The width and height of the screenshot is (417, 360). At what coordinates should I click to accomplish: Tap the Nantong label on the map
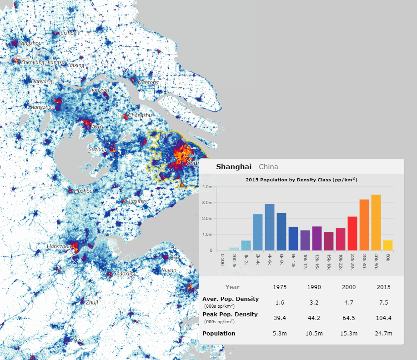(x=148, y=82)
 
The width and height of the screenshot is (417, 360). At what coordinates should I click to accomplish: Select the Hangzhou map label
(x=59, y=246)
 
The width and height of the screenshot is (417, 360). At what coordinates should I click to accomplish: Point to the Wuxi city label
(x=97, y=126)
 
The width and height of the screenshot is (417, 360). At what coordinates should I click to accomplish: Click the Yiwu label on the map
(x=79, y=340)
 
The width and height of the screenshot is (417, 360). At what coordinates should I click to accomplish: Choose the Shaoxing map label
(x=124, y=274)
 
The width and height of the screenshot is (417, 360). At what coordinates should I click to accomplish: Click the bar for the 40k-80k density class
(x=376, y=223)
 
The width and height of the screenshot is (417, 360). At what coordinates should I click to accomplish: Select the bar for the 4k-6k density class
(x=269, y=227)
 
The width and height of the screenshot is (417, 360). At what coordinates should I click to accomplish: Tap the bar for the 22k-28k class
(x=352, y=234)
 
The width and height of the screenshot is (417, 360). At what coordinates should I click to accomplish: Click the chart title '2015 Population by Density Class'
(x=301, y=180)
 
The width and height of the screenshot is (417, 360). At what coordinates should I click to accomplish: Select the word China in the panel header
(x=268, y=167)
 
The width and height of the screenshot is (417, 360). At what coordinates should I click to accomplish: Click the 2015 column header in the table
(x=383, y=287)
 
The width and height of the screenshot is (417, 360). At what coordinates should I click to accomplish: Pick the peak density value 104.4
(x=383, y=317)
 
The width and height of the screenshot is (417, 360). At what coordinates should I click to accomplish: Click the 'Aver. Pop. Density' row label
(x=231, y=299)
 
